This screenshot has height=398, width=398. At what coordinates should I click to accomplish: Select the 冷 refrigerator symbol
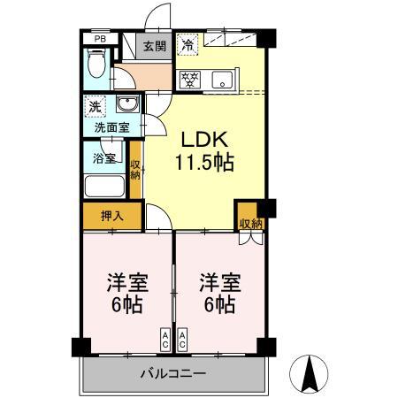click(188, 43)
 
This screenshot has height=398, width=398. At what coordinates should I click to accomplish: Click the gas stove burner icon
click(189, 79)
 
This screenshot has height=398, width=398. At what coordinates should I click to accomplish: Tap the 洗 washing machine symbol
click(95, 107)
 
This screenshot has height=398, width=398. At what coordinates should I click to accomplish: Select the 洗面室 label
click(112, 127)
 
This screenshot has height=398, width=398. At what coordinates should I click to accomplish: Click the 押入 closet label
click(111, 214)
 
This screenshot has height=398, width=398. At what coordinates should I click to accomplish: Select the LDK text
click(206, 140)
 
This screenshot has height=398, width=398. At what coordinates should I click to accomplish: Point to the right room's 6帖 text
click(218, 306)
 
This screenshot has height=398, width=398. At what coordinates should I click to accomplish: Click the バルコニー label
click(173, 374)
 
